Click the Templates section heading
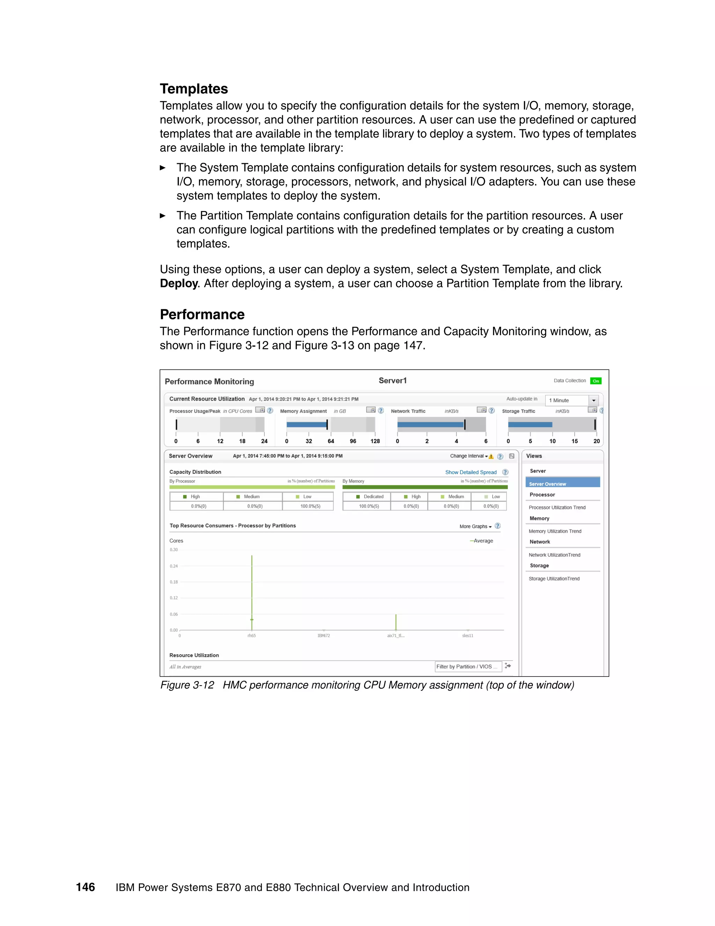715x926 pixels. pyautogui.click(x=193, y=89)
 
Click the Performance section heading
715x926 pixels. pyautogui.click(x=202, y=314)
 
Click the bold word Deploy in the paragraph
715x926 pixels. pyautogui.click(x=178, y=283)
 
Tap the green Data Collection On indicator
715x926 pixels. pyautogui.click(x=596, y=381)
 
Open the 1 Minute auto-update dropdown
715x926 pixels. pyautogui.click(x=594, y=400)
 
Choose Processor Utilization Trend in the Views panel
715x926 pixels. pyautogui.click(x=556, y=507)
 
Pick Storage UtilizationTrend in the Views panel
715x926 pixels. pyautogui.click(x=554, y=578)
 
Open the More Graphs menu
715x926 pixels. pyautogui.click(x=475, y=526)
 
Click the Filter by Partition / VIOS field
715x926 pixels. pyautogui.click(x=467, y=666)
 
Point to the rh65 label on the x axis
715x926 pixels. pyautogui.click(x=252, y=636)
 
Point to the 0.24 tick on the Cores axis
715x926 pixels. pyautogui.click(x=174, y=566)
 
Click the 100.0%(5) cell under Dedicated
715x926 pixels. pyautogui.click(x=369, y=506)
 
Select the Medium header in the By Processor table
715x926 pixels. pyautogui.click(x=252, y=497)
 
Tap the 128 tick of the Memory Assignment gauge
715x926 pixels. pyautogui.click(x=375, y=441)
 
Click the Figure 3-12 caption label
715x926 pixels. pyautogui.click(x=187, y=685)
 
